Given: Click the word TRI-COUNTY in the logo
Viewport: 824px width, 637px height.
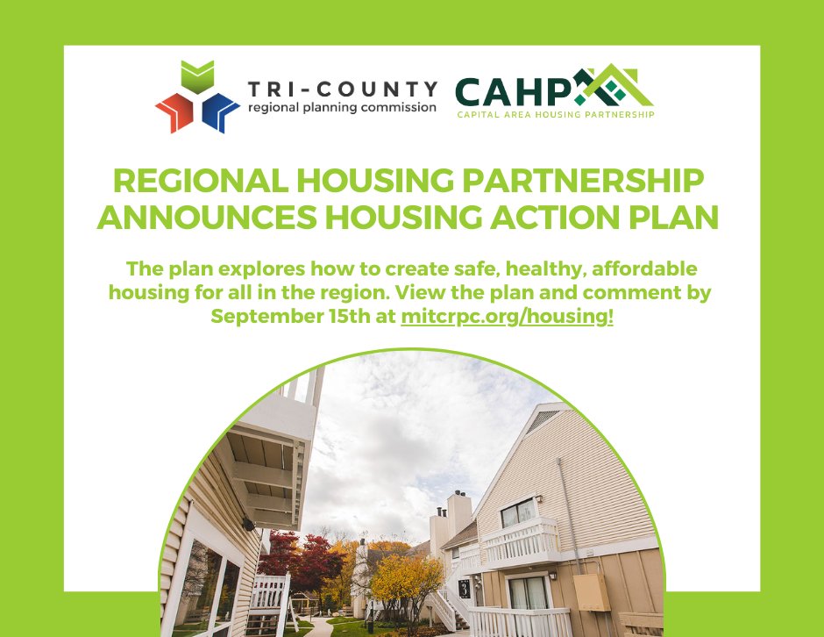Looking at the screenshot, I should click(342, 89).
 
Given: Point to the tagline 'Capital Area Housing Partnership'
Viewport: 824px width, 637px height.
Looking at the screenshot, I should click(555, 114).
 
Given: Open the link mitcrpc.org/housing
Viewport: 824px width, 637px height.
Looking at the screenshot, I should click(507, 317).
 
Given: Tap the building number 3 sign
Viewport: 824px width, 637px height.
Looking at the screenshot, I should click(463, 589).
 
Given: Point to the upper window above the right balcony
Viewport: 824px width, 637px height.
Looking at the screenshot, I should click(518, 512).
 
